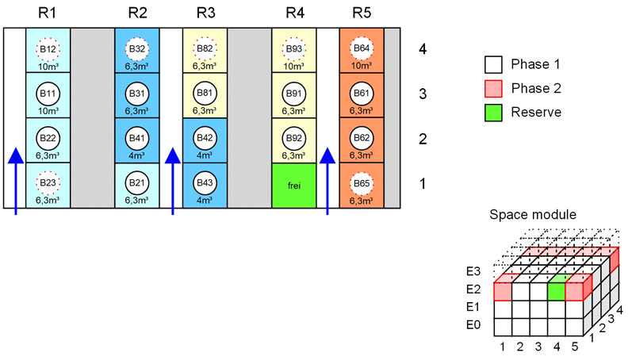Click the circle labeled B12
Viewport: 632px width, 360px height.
[x=48, y=48]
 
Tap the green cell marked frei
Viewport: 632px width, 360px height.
[x=294, y=186]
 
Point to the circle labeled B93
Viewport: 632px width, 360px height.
[x=294, y=48]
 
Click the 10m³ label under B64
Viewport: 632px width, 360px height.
[x=362, y=66]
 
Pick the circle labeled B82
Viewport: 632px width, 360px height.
[x=205, y=48]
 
